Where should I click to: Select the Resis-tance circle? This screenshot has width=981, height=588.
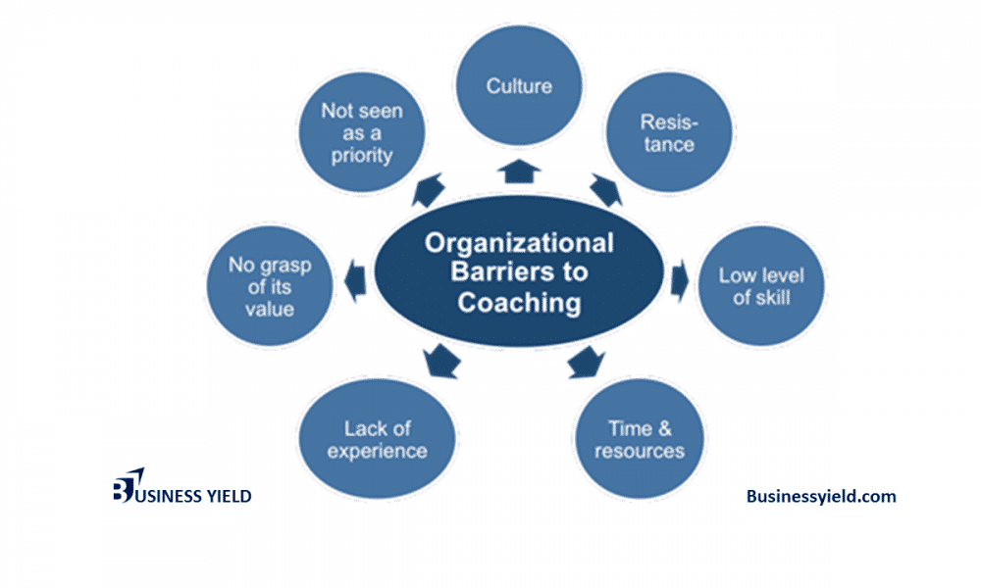[667, 134]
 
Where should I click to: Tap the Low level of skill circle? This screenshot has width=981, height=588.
[760, 285]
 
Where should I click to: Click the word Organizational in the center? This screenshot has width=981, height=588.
[519, 243]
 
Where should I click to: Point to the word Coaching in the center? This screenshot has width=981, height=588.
[519, 303]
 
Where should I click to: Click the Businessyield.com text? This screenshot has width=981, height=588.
[820, 497]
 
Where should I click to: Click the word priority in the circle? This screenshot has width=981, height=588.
[362, 155]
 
